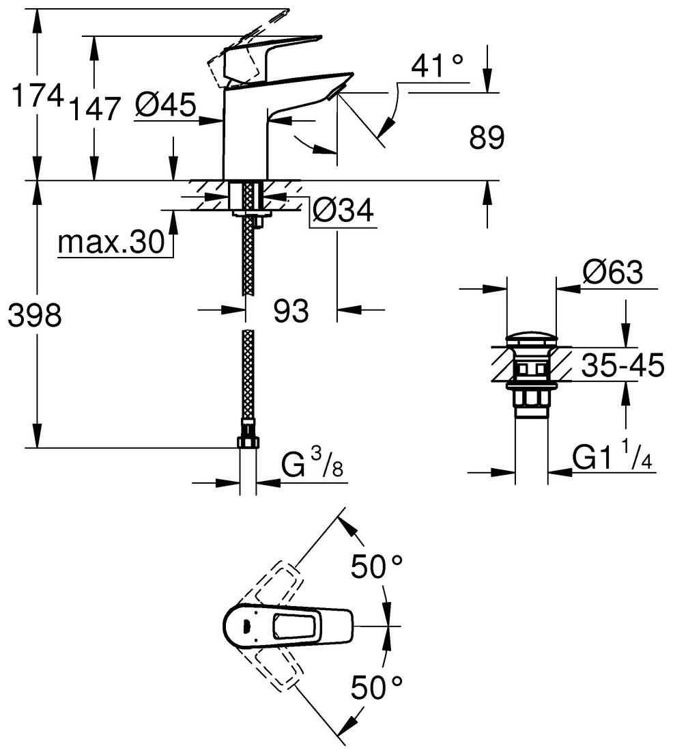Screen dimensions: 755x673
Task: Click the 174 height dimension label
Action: coord(38,97)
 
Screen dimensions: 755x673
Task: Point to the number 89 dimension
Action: coord(487,139)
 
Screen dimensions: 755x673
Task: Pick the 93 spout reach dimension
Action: coord(291,311)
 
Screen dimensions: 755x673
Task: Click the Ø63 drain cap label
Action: coord(613,274)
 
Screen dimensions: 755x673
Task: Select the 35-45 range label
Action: coord(622,367)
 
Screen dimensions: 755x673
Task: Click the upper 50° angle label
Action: coord(377,566)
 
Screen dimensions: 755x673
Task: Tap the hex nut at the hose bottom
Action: coord(248,442)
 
